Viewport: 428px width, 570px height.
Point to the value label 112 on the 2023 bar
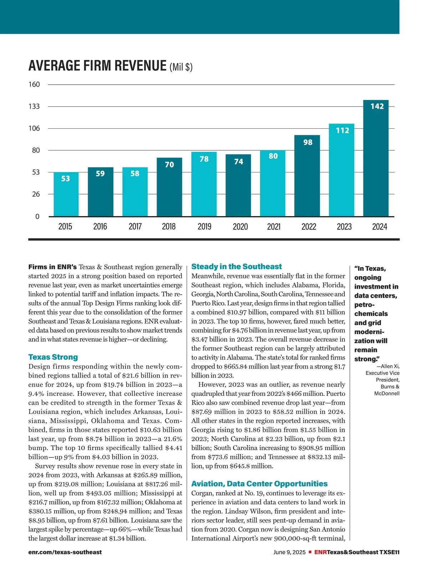coord(342,130)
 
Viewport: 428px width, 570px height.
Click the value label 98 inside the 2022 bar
coord(308,142)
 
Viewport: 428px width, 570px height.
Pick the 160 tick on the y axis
coord(34,84)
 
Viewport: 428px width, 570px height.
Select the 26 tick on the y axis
coord(35,194)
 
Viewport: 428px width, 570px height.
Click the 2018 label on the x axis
coord(169,227)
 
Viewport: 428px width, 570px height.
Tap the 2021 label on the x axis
coord(274,227)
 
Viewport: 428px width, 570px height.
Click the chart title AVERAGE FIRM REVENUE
coord(97,66)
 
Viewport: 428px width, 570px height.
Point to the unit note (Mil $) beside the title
coord(181,67)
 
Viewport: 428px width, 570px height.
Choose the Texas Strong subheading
coord(53,357)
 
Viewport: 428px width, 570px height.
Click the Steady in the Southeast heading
coord(236,266)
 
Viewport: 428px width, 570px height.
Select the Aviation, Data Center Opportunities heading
coord(259,484)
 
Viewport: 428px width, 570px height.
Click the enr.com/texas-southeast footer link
coord(65,552)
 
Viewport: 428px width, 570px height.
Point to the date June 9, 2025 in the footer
coord(289,552)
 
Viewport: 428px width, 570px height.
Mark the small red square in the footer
coord(310,552)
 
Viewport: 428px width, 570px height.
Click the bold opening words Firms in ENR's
coord(52,267)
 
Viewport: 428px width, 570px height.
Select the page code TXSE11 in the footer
coord(389,552)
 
